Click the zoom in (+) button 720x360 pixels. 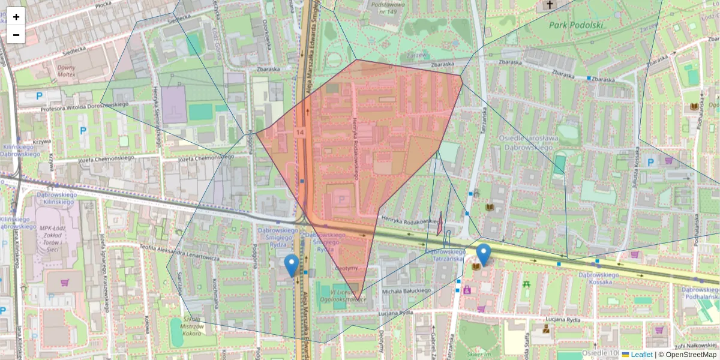[16, 16]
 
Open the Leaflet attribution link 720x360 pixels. [641, 355]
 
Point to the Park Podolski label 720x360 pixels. [576, 25]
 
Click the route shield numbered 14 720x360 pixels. [300, 131]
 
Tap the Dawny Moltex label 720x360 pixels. [66, 71]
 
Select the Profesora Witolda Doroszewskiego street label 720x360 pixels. [85, 107]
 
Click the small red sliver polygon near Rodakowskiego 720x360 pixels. [440, 224]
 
